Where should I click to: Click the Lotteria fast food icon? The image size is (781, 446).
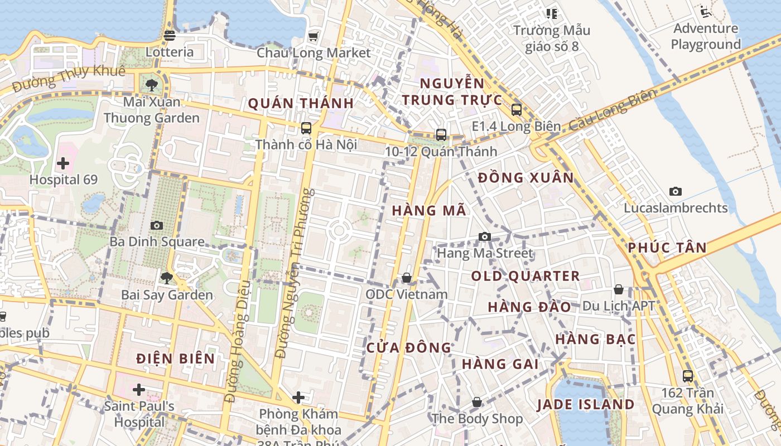pos(170,36)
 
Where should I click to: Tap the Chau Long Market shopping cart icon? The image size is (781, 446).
pos(313,36)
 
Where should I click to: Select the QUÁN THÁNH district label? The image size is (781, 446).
pos(301,103)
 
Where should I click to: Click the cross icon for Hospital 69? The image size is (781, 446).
pos(63,163)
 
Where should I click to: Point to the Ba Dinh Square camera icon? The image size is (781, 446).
pos(157,225)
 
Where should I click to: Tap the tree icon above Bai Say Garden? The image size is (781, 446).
pos(166,278)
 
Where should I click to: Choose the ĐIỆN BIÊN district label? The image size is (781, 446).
pos(176,358)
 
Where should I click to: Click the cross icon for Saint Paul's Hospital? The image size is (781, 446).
pos(139,389)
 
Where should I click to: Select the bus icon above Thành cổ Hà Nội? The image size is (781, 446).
pos(306,128)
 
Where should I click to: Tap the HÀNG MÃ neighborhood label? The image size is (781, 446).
pos(428,211)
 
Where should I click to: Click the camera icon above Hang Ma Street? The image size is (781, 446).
pos(484,236)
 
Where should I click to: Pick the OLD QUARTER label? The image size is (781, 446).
pos(526,276)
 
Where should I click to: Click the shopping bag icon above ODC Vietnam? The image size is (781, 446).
pos(407,278)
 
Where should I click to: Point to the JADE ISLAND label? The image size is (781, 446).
pos(586,404)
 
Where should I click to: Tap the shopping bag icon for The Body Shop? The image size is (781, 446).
pos(477,402)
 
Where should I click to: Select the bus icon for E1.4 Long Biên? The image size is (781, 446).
pos(516,110)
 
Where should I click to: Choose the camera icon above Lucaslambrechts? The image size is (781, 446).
pos(676,191)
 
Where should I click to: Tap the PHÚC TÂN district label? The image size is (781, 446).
pos(667,248)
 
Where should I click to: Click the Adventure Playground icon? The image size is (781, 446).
pos(706,11)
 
